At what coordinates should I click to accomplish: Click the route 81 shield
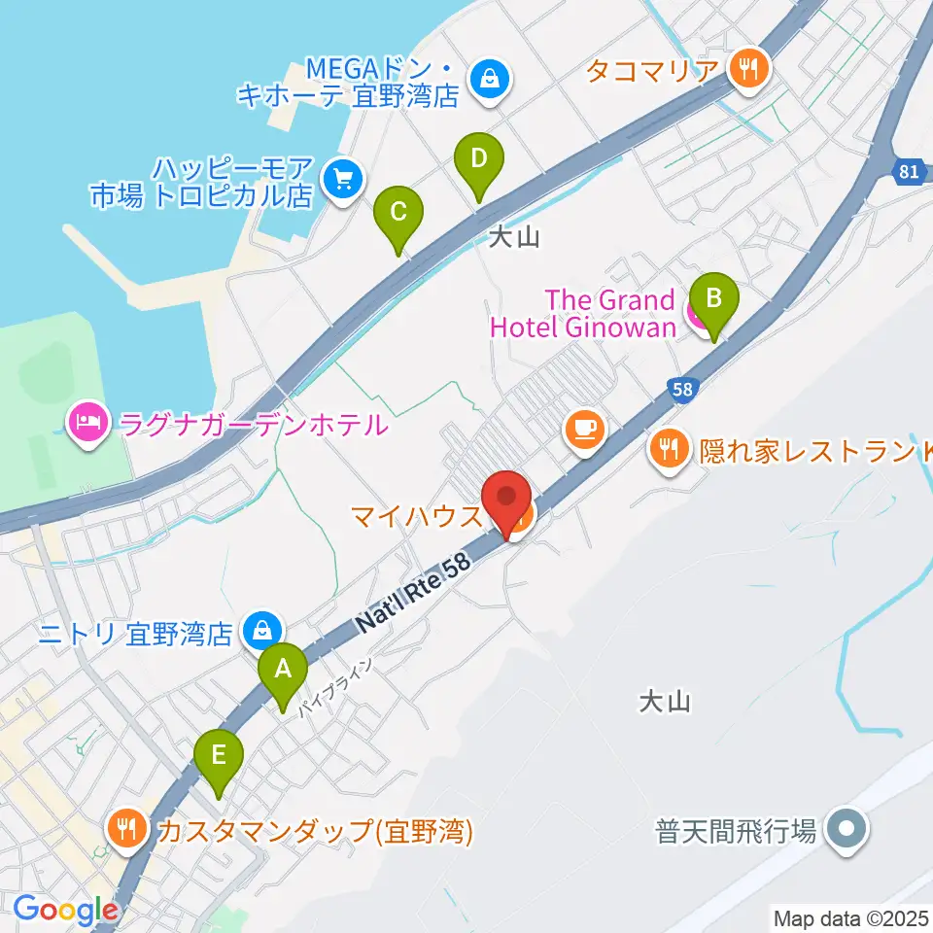[908, 172]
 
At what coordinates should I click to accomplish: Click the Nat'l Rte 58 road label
[412, 594]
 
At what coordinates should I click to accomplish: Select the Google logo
[65, 910]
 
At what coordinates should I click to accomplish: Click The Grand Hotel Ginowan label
[583, 313]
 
